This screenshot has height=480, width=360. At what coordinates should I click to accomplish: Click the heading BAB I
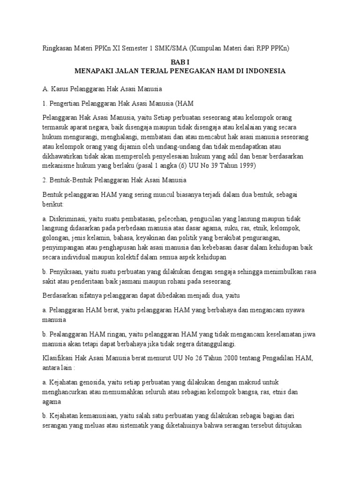(180, 61)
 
